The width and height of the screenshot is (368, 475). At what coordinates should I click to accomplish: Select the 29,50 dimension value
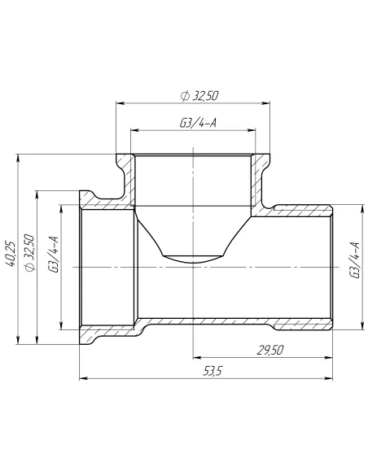point(269,350)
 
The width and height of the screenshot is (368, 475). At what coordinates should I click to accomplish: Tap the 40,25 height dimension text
point(11,252)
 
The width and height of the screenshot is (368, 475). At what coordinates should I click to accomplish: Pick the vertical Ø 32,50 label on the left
point(29,252)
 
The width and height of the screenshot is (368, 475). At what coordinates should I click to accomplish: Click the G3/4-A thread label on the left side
point(55,253)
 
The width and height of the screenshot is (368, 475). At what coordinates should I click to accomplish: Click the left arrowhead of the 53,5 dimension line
point(82,378)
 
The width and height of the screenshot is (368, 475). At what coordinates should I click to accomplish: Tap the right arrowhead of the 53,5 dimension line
point(328,378)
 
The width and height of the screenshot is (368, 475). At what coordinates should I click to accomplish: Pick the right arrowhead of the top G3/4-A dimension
point(248,130)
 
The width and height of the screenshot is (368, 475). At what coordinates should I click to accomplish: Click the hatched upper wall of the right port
point(301,210)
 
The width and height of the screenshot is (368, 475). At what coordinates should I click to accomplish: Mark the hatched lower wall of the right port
point(301,325)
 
